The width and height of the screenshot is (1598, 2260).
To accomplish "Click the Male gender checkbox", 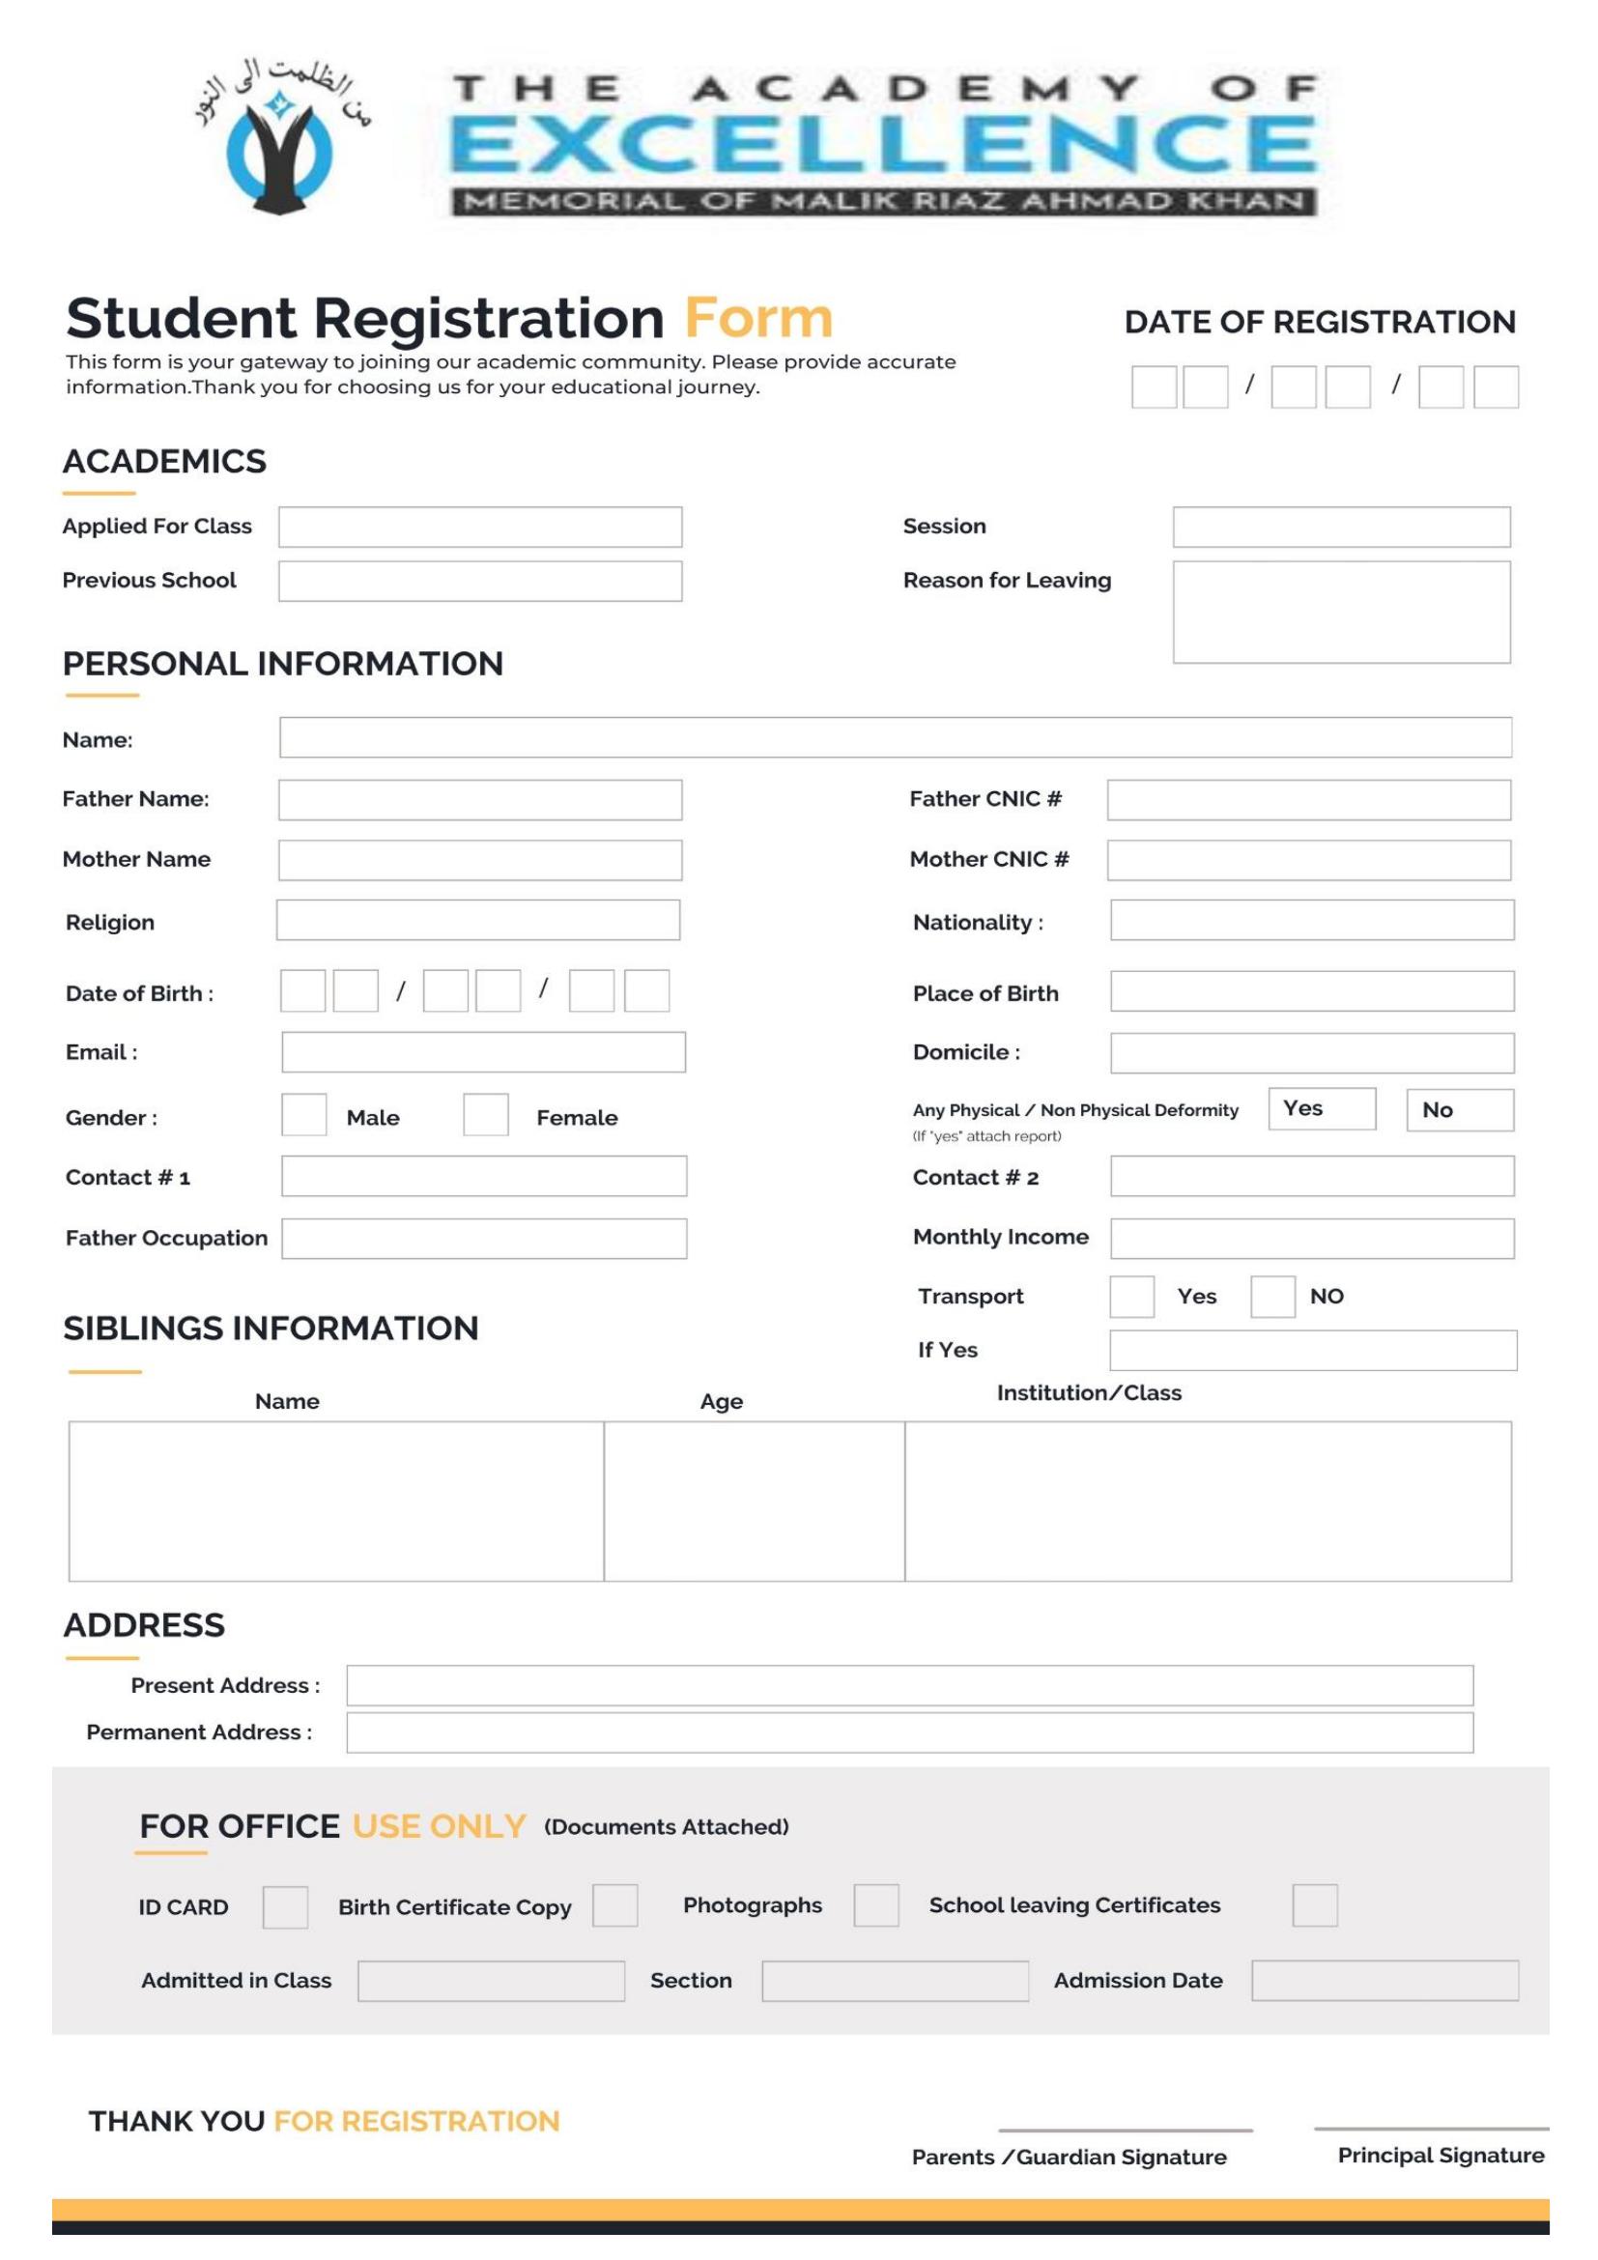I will coord(303,1114).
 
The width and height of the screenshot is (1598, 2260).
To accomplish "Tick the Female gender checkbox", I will coord(485,1114).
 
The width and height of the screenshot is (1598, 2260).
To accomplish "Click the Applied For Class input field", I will coord(479,527).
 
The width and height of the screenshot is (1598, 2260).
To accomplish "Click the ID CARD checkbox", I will coord(284,1906).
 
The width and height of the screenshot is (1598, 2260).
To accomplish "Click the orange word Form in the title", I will coord(757,318).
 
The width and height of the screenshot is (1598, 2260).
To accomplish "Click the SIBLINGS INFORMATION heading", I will coord(271,1328).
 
